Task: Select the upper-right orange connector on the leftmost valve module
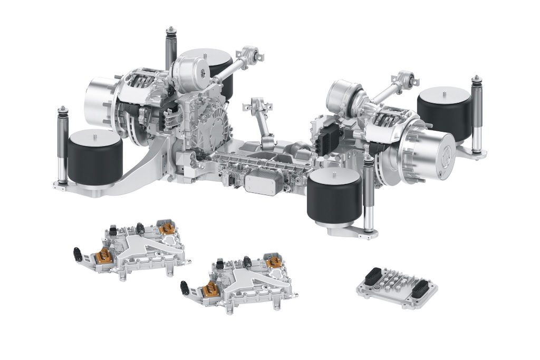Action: coord(167,228)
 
